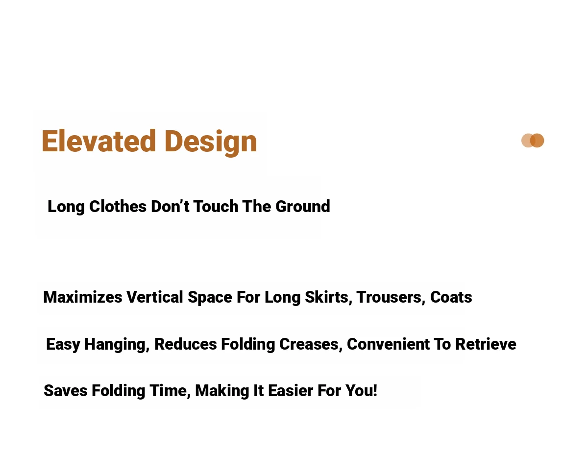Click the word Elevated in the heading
(x=98, y=141)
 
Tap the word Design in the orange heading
(x=211, y=142)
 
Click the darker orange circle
(x=537, y=141)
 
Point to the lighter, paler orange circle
(x=527, y=141)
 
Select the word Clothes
(x=118, y=206)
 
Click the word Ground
(x=303, y=207)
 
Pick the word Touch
(x=216, y=206)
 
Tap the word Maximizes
(x=82, y=297)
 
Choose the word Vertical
(x=154, y=297)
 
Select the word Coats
(x=451, y=297)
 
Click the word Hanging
(x=117, y=344)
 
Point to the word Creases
(x=311, y=344)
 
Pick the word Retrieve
(x=486, y=344)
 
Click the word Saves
(x=66, y=391)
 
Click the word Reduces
(x=186, y=344)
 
